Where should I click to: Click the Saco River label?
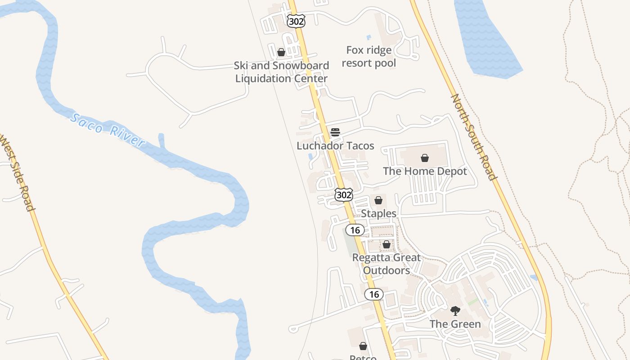(x=108, y=130)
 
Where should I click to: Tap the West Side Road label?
(x=17, y=172)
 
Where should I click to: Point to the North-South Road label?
(x=474, y=137)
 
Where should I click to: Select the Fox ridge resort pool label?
(x=369, y=56)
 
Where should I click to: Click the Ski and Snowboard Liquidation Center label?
(x=282, y=72)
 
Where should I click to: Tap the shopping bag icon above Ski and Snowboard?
(x=281, y=52)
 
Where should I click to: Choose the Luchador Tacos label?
(x=335, y=145)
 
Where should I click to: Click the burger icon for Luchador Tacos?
(x=335, y=132)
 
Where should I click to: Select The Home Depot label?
(x=425, y=171)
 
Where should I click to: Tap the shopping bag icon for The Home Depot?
(x=424, y=158)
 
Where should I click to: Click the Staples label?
(x=378, y=213)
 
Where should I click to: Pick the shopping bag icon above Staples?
(x=378, y=200)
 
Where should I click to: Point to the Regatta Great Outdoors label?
(x=387, y=264)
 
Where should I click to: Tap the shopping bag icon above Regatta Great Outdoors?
(x=386, y=244)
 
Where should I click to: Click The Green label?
(x=455, y=324)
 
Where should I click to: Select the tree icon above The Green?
(x=455, y=310)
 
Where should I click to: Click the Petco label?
(x=363, y=357)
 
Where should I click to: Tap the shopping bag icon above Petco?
(x=363, y=346)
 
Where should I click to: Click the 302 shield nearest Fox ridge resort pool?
(x=296, y=21)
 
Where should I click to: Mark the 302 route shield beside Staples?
(x=343, y=195)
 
